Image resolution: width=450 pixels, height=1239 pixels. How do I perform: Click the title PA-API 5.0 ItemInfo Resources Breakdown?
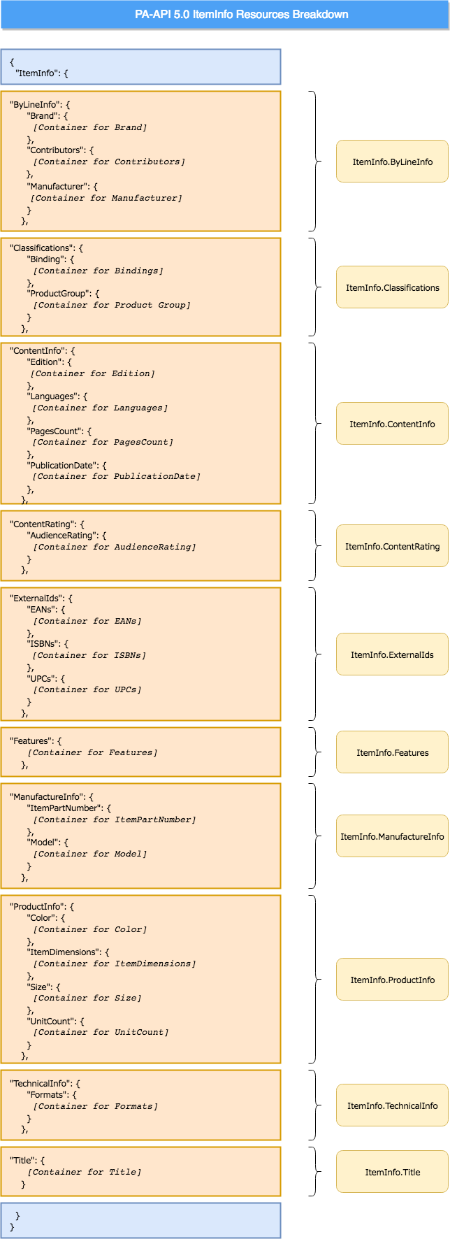point(242,14)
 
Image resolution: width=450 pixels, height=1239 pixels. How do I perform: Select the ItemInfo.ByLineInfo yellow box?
point(392,162)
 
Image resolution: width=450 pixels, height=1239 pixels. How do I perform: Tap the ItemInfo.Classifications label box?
point(392,287)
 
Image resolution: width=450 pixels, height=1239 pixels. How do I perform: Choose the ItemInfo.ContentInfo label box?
point(392,424)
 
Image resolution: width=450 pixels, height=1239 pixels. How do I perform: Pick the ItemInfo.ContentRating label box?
point(392,546)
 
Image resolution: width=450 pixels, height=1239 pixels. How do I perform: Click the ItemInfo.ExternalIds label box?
point(392,654)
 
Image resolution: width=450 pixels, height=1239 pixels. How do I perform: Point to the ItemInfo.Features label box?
point(392,752)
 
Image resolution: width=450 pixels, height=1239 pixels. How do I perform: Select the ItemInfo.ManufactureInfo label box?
point(392,836)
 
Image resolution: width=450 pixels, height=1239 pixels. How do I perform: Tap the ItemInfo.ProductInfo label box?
point(392,980)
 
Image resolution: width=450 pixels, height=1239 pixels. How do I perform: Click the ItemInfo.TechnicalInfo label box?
point(392,1105)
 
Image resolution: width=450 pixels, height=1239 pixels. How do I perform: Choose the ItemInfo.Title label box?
point(392,1172)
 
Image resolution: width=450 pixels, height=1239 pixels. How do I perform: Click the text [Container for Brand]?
point(90,127)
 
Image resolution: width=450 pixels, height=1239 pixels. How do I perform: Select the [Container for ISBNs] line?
point(89,655)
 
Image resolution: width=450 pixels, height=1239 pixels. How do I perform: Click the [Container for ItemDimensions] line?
point(115,964)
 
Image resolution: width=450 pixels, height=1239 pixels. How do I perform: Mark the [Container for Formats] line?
point(96,1106)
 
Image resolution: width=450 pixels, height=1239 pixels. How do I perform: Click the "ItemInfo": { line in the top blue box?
point(42,73)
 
